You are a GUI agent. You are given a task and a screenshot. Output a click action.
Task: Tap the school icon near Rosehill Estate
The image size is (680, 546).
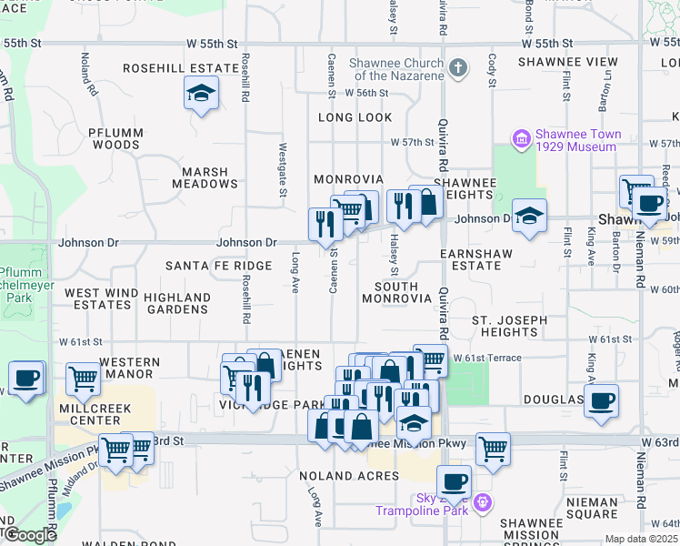(201, 93)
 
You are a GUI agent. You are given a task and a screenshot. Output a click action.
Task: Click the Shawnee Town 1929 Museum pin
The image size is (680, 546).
(522, 139)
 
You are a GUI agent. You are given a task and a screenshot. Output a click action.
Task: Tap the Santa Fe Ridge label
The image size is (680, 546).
(218, 266)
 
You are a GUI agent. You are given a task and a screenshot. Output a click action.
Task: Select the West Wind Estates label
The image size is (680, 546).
(101, 298)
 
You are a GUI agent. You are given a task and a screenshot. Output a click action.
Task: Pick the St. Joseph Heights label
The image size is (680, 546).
(509, 327)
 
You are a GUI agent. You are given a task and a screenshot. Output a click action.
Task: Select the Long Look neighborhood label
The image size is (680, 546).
(355, 118)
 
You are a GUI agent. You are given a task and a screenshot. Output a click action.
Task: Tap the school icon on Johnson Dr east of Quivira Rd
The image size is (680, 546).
(529, 215)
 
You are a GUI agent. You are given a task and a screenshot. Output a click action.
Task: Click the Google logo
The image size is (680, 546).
(29, 535)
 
